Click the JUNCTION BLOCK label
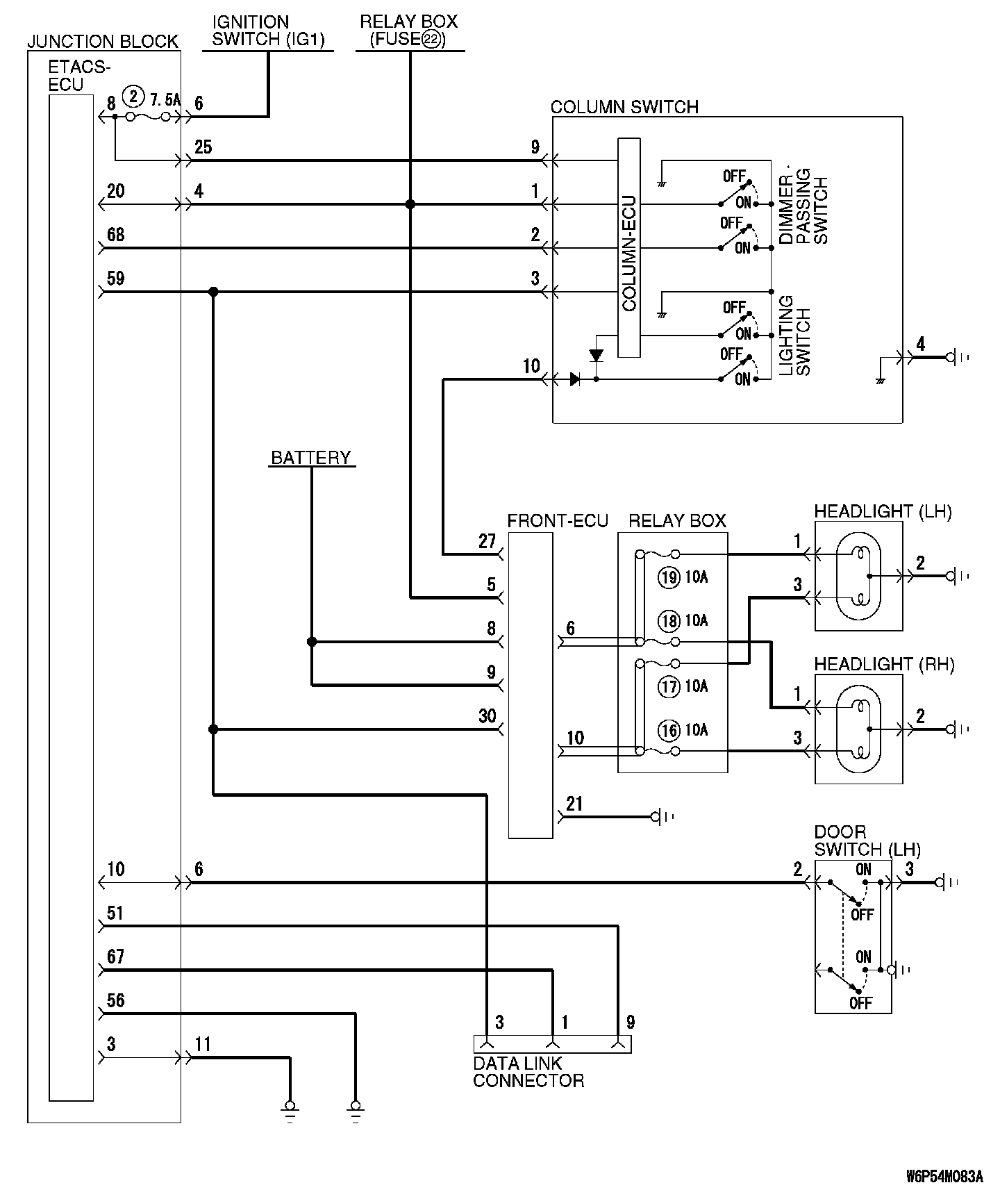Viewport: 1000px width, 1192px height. coord(103,42)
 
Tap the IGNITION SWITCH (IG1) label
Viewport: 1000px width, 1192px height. coord(268,31)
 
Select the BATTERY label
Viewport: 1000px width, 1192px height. coord(311,458)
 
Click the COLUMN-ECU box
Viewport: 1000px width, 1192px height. coord(629,247)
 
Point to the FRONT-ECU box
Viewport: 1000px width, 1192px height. coord(531,685)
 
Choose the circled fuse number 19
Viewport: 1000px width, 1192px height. coord(669,577)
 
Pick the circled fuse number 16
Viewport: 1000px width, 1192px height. coord(669,730)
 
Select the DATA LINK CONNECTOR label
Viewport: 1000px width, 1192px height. coord(528,1072)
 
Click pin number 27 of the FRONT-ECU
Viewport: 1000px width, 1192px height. coord(487,541)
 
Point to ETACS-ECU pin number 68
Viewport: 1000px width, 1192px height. coord(116,235)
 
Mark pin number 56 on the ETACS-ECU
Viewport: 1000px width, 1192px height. coord(116,1000)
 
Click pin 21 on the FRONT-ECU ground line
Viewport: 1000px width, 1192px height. coord(574,804)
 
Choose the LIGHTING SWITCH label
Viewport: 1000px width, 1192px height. coord(794,336)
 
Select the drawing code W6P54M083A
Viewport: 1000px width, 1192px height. coord(944,1177)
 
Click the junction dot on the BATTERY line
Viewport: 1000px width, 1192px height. coord(312,642)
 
